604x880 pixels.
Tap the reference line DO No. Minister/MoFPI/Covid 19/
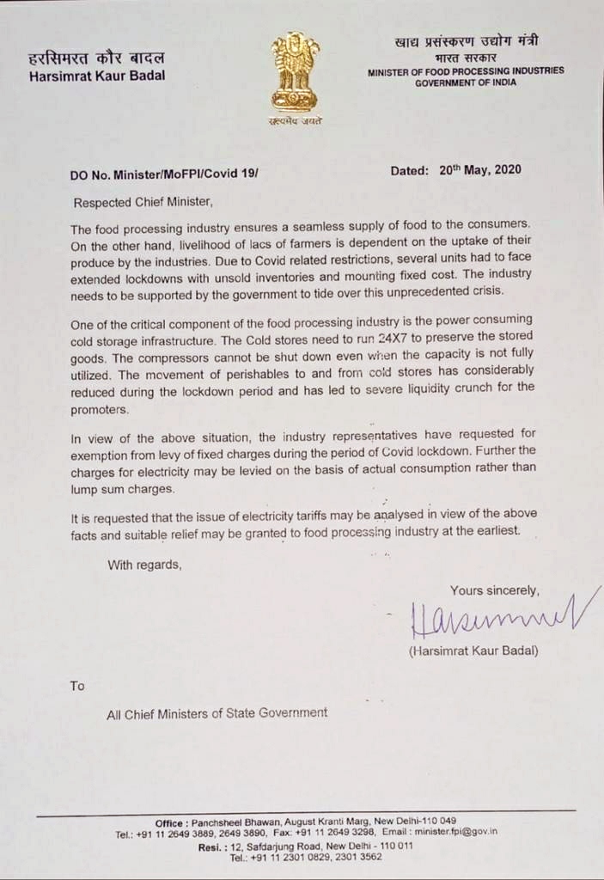tap(164, 174)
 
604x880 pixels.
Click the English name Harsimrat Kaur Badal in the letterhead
tap(97, 75)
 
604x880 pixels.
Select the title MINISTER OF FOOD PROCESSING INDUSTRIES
tap(466, 70)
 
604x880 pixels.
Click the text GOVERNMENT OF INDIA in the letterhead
tap(465, 82)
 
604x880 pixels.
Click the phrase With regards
tap(144, 565)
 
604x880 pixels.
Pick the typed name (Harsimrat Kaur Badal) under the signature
tap(473, 651)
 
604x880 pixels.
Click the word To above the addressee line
tap(78, 686)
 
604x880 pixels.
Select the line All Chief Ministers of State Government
tap(217, 712)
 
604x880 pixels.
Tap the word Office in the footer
tap(170, 822)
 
